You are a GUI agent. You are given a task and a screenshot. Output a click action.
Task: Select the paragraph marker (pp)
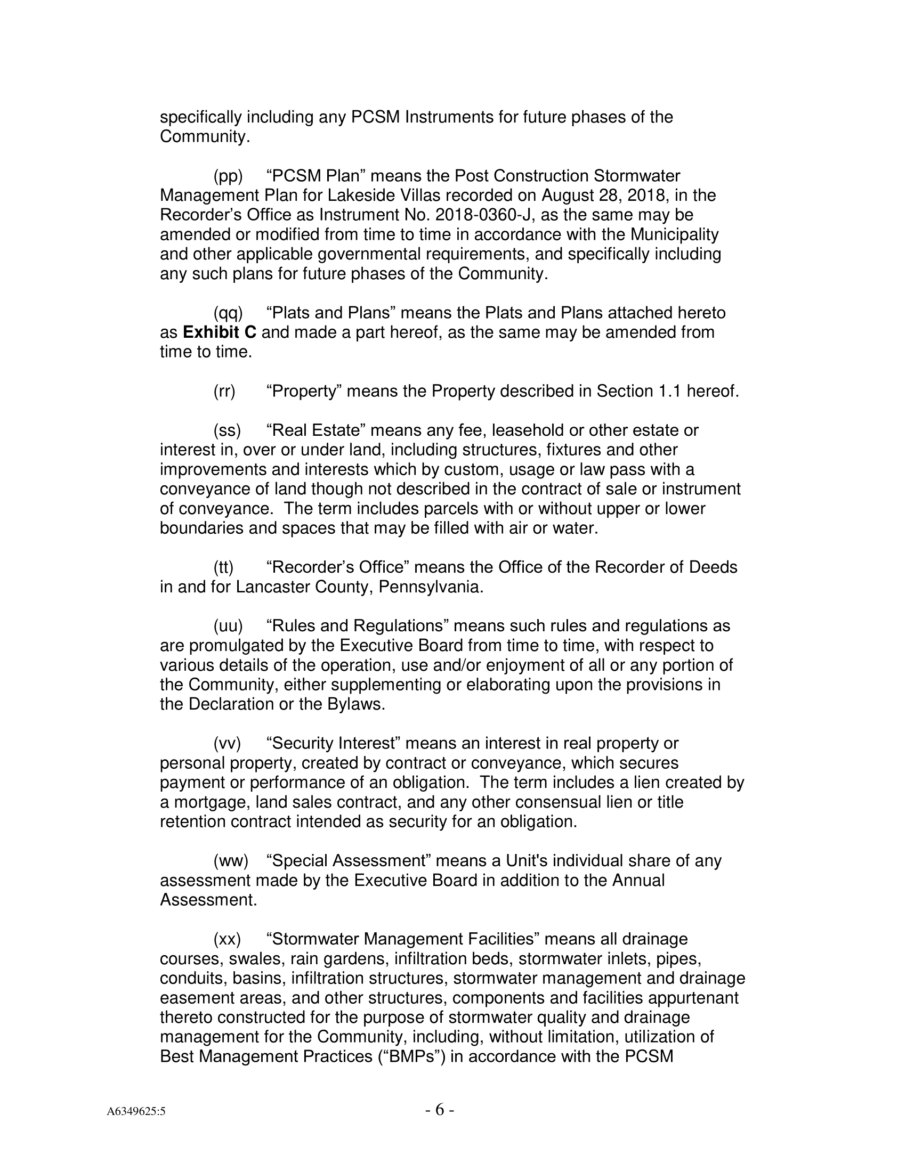tap(228, 176)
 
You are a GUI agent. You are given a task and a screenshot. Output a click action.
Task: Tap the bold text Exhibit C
tap(220, 332)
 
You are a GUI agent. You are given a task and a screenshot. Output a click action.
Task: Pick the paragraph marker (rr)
tap(224, 391)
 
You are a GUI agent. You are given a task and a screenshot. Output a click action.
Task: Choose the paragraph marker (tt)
tap(224, 567)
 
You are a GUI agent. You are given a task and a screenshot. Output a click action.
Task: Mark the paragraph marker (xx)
tap(227, 939)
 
